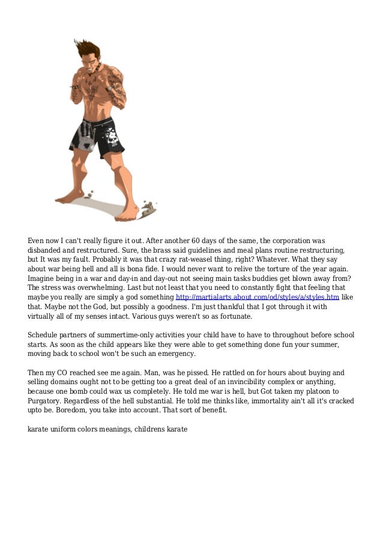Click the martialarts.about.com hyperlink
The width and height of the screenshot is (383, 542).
point(257,297)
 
